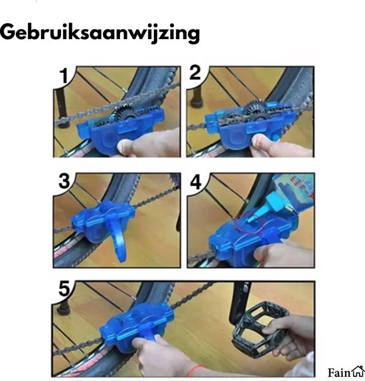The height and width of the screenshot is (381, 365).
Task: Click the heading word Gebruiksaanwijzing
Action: pyautogui.click(x=100, y=32)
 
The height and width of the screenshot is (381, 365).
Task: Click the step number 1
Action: pyautogui.click(x=64, y=76)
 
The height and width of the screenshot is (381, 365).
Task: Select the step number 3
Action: pyautogui.click(x=64, y=181)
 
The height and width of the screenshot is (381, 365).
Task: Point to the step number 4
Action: pyautogui.click(x=197, y=181)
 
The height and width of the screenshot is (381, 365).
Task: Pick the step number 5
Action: pyautogui.click(x=64, y=290)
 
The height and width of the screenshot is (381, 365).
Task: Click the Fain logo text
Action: pyautogui.click(x=339, y=371)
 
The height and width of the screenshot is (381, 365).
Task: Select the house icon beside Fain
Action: pyautogui.click(x=358, y=370)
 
